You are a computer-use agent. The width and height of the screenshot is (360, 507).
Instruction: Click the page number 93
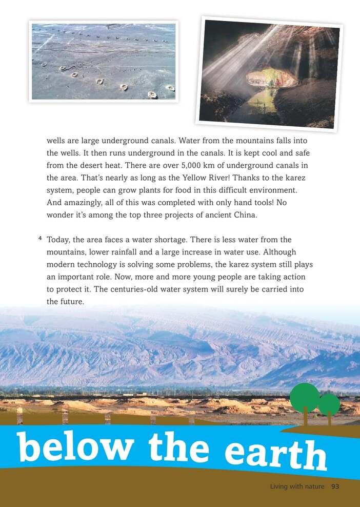(x=335, y=486)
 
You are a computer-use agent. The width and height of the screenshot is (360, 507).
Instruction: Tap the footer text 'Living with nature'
(x=297, y=486)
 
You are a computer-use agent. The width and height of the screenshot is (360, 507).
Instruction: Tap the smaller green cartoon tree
(x=329, y=405)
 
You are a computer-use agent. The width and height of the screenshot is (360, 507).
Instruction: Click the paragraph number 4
(x=39, y=239)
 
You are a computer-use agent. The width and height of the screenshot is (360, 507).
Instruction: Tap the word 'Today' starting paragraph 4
(x=58, y=240)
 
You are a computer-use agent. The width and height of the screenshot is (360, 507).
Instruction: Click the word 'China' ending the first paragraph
(x=244, y=215)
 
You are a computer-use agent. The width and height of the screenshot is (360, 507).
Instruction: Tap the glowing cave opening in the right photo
(x=272, y=78)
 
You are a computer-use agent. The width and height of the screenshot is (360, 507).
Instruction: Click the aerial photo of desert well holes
(x=104, y=61)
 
